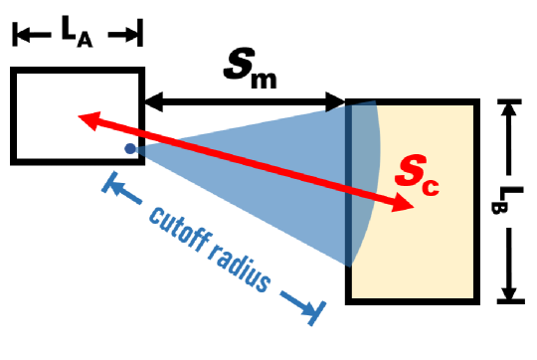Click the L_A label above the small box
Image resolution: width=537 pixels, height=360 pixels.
click(x=77, y=32)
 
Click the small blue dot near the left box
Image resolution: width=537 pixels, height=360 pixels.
click(x=129, y=149)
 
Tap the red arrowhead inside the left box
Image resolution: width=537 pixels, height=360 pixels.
click(x=87, y=118)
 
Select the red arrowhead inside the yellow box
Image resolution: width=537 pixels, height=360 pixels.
click(x=406, y=205)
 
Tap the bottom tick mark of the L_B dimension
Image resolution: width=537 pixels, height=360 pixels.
click(x=509, y=297)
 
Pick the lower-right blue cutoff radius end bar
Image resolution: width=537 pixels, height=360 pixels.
click(x=316, y=310)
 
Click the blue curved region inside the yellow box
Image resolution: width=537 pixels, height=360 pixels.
click(x=363, y=179)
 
